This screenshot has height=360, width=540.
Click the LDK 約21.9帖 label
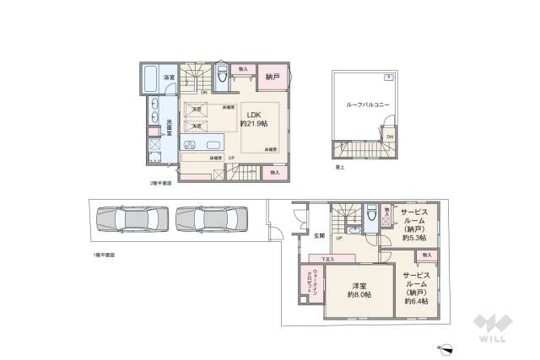[254, 119]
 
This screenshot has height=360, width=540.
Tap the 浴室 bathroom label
[169, 78]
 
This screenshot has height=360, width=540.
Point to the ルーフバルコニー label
[362, 106]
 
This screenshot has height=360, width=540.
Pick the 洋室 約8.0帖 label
[359, 290]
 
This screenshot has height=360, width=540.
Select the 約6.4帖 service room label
[415, 288]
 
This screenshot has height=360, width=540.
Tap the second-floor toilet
[221, 77]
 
